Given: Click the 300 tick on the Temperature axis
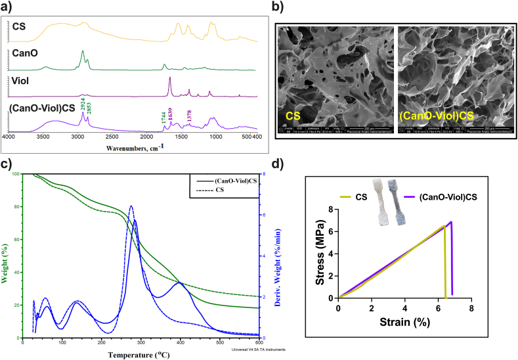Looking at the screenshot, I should [x=180, y=343].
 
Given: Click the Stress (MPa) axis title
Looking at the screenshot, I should [x=321, y=254].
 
